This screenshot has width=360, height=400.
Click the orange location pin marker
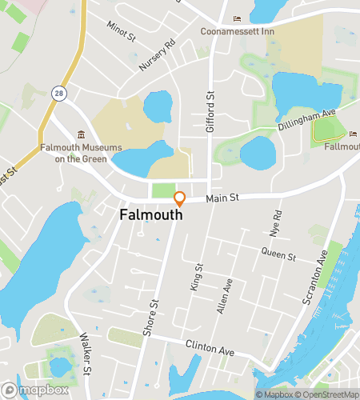pyautogui.click(x=180, y=199)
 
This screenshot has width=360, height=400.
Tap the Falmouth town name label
pyautogui.click(x=151, y=215)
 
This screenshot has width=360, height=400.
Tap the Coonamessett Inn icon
pyautogui.click(x=235, y=19)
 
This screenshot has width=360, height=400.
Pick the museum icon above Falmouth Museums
pyautogui.click(x=79, y=136)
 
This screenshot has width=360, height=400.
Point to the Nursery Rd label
pyautogui.click(x=156, y=57)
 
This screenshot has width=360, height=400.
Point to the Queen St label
pyautogui.click(x=278, y=256)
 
